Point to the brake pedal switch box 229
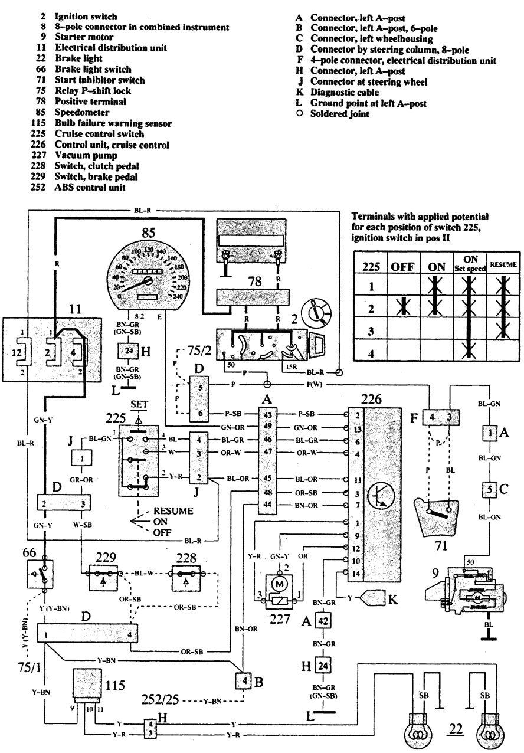click(x=104, y=572)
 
